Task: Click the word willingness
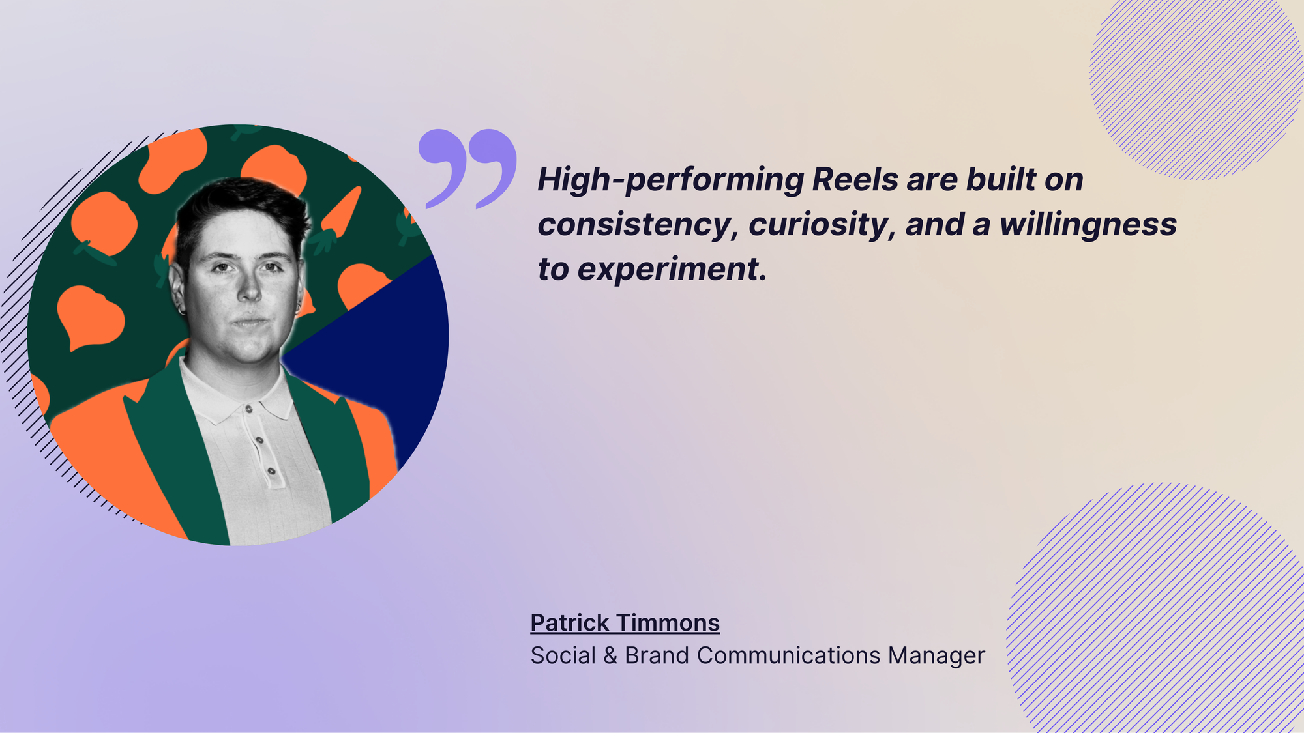[x=1088, y=225]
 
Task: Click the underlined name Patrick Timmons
[x=625, y=623]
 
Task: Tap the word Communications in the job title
[x=788, y=655]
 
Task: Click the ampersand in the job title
[x=610, y=655]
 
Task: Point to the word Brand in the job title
[x=657, y=655]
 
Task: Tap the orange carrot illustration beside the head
[x=339, y=215]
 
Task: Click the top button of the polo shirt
[x=248, y=409]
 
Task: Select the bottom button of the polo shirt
[x=271, y=471]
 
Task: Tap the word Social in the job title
[x=563, y=655]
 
